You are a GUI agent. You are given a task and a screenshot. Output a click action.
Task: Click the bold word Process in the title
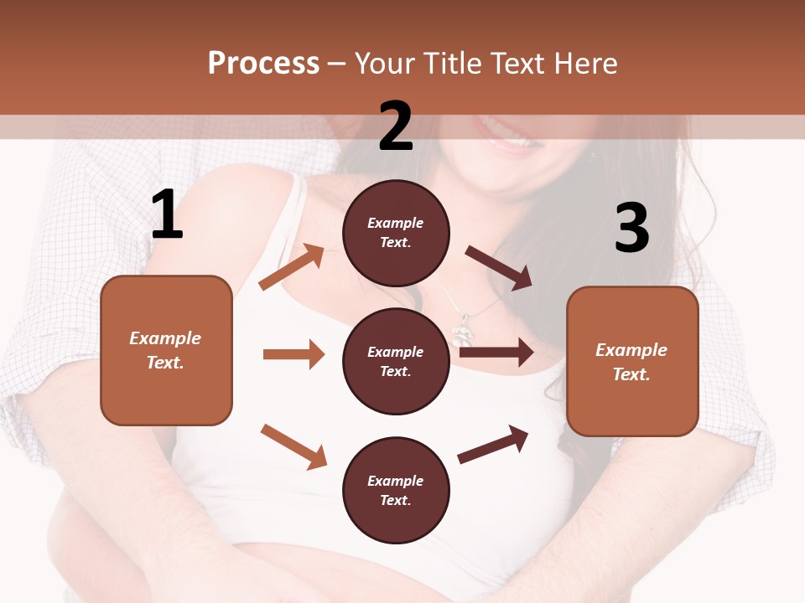click(263, 63)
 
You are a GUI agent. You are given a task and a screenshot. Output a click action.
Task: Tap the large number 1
click(167, 214)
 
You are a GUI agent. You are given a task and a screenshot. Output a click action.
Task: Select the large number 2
click(396, 126)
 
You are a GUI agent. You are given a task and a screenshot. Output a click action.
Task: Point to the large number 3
click(631, 227)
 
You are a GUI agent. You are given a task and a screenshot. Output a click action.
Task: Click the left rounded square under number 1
click(166, 350)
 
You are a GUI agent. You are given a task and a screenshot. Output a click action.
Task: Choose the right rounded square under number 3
click(632, 361)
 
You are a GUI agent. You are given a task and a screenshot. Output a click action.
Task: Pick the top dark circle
click(396, 233)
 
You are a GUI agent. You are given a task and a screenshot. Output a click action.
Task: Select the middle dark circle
click(396, 361)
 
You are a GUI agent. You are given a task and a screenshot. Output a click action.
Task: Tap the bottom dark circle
click(396, 490)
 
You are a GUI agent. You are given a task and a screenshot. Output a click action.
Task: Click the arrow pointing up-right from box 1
click(292, 266)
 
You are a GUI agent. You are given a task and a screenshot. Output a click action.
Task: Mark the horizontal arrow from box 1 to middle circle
click(293, 354)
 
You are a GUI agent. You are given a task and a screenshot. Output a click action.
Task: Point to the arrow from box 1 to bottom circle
click(293, 446)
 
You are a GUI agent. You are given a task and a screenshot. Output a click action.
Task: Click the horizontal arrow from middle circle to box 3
click(496, 352)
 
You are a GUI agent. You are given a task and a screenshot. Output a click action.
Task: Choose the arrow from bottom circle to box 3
click(493, 444)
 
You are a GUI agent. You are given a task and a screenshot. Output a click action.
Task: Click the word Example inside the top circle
click(396, 223)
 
